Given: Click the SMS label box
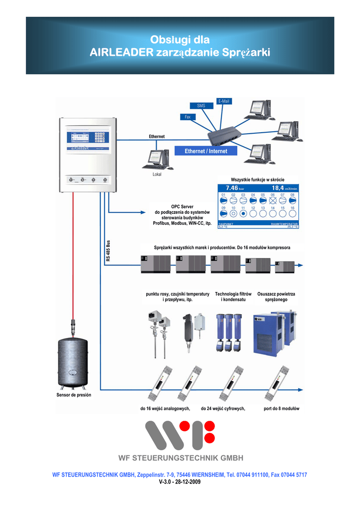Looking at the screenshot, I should click(201, 105).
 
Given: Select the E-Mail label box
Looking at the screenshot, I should click(224, 101).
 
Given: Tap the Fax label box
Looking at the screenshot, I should click(187, 117).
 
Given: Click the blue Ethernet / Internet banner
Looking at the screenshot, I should click(206, 151).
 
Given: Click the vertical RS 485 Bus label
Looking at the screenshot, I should click(108, 251).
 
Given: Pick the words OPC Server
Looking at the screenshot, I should click(182, 206).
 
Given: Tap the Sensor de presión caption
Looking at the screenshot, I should click(74, 395).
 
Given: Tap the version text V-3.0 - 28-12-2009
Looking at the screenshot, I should click(180, 482).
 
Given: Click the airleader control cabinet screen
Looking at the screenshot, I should click(88, 139).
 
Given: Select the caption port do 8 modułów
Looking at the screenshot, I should click(281, 408).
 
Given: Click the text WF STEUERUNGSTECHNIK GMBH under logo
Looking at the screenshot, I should click(180, 458).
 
